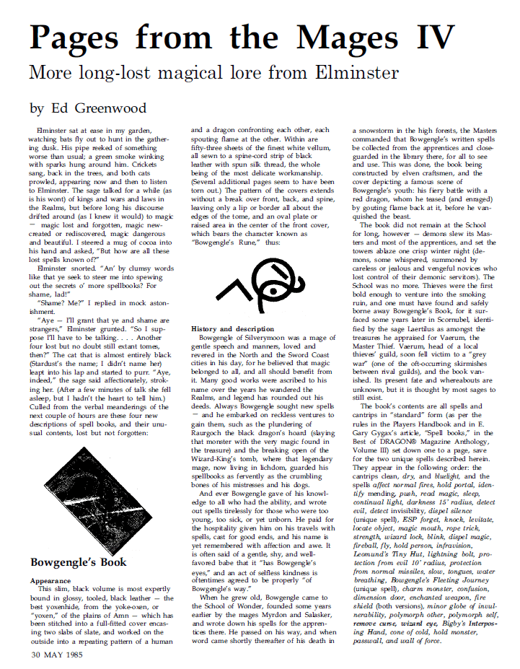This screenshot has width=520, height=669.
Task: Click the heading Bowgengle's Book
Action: coord(79,561)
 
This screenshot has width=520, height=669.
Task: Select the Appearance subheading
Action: coord(50,580)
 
